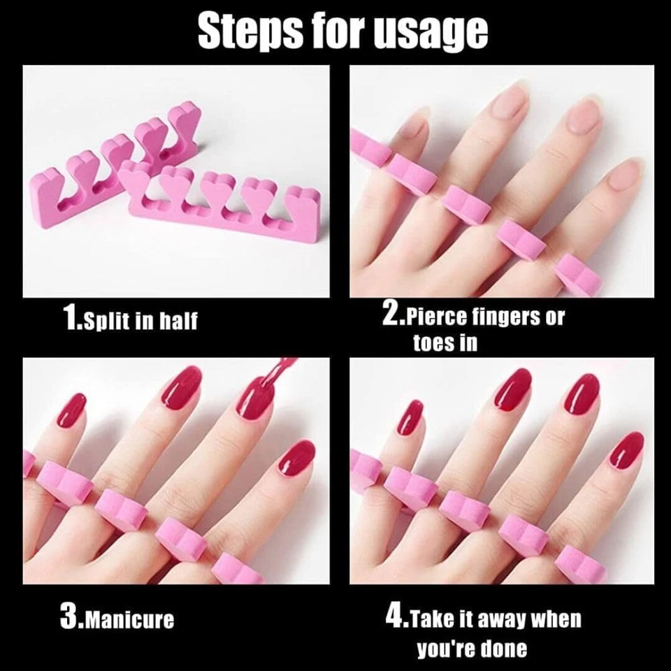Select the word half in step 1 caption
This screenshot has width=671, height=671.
178,321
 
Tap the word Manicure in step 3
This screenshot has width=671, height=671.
126,619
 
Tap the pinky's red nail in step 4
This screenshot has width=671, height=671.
411,415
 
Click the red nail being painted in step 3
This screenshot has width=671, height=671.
255,398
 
